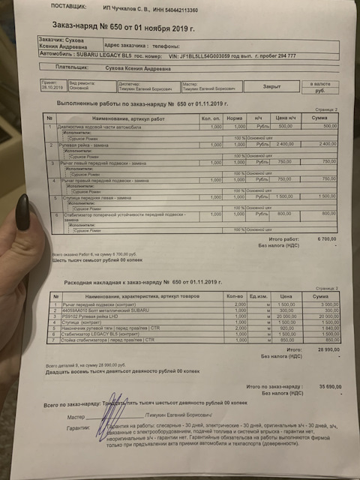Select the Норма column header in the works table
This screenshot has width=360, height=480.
point(235,118)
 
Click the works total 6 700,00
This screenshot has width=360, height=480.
point(323,238)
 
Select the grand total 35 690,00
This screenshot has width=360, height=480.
point(328,386)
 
